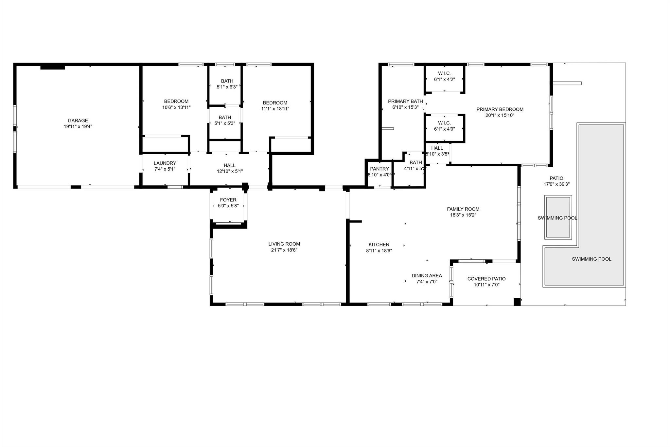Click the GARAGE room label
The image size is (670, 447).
point(78,121)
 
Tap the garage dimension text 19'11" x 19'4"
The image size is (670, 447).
point(78,126)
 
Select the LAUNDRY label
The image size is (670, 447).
point(165,163)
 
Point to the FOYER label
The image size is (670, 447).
point(228,200)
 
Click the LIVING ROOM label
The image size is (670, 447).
point(284,244)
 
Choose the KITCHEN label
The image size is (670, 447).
point(379,245)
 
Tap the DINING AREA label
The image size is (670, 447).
point(427,276)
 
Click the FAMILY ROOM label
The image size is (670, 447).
point(463,209)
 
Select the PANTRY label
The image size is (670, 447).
point(379,169)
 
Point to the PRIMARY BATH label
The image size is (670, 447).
point(405,102)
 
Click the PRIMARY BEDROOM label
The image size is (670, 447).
point(500,109)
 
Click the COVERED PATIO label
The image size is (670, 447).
point(486,279)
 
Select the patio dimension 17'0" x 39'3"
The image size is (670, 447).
point(556,184)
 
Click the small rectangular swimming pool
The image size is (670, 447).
point(558,217)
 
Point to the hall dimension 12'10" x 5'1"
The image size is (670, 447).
point(230,171)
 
